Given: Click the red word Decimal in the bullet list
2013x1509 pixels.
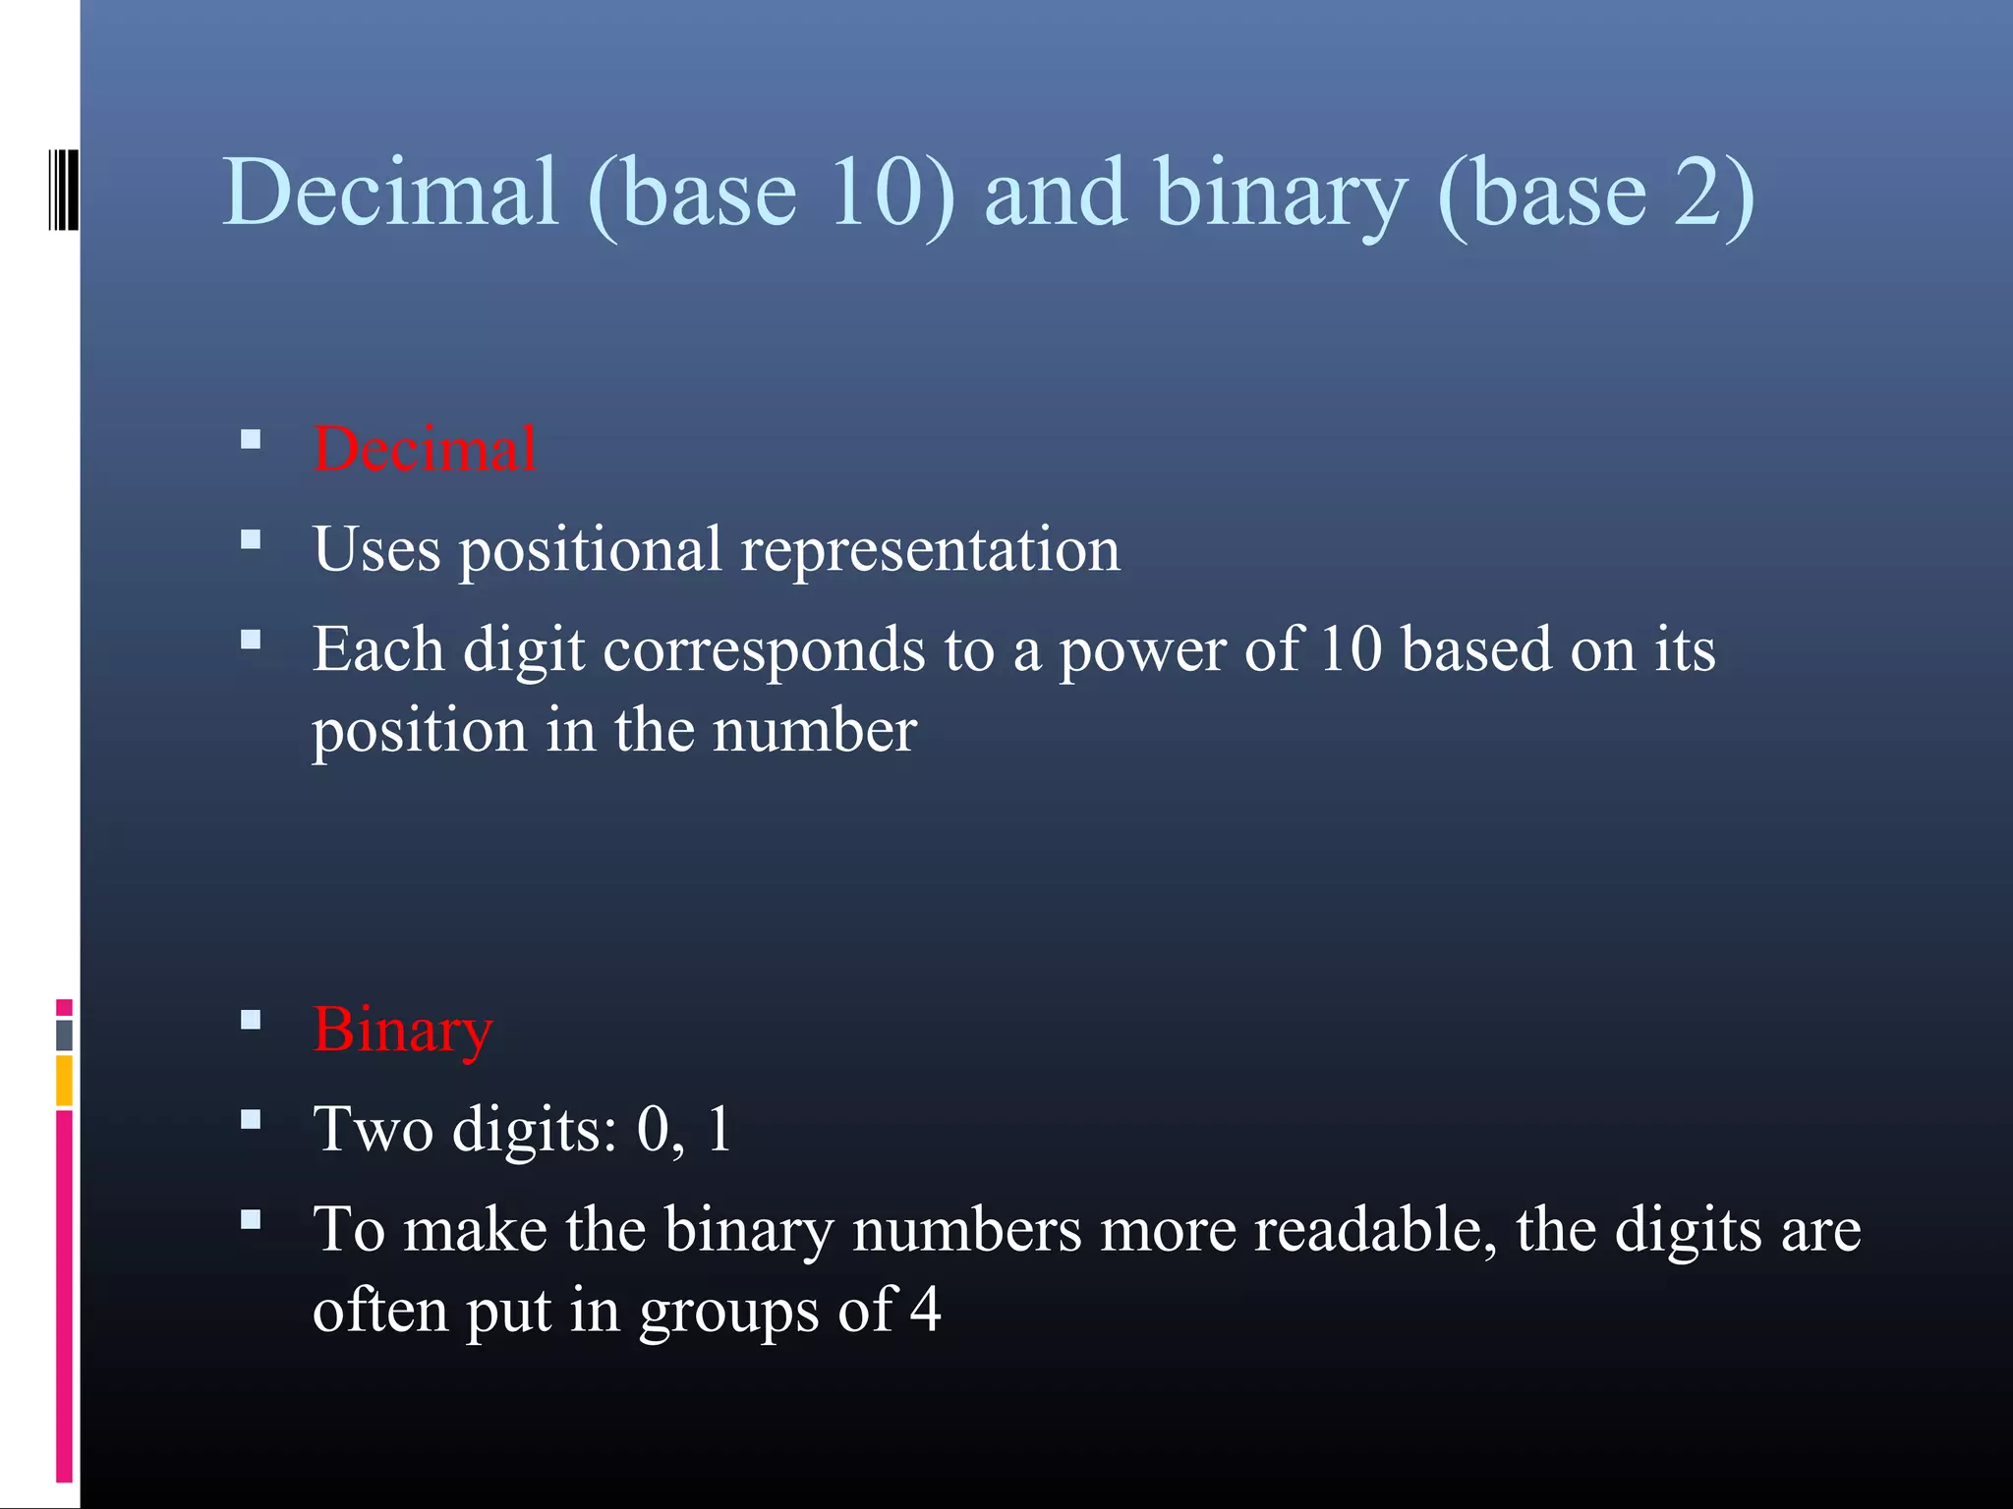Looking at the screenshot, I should pyautogui.click(x=425, y=449).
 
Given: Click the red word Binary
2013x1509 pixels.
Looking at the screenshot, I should pyautogui.click(x=402, y=1030).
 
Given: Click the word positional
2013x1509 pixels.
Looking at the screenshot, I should pyautogui.click(x=591, y=550).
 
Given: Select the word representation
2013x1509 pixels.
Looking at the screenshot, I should pyautogui.click(x=930, y=550).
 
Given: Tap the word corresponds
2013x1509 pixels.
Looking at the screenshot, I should pyautogui.click(x=764, y=650).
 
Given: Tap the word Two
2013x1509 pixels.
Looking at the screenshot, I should pyautogui.click(x=373, y=1129).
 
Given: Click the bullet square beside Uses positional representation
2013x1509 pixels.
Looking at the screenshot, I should pyautogui.click(x=251, y=539).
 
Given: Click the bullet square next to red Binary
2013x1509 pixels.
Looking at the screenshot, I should pyautogui.click(x=251, y=1021).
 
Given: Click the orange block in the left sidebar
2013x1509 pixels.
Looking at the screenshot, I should pyautogui.click(x=64, y=1080).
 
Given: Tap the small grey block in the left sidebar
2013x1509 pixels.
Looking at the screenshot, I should pyautogui.click(x=64, y=1034).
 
